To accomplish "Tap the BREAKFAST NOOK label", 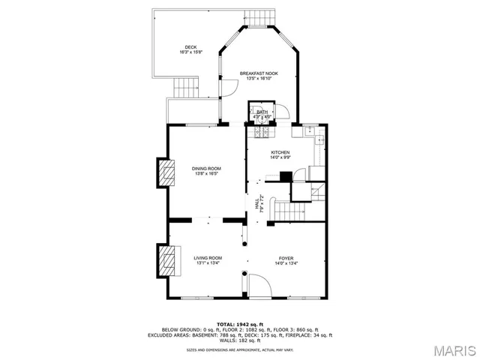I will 259,73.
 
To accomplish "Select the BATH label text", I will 262,112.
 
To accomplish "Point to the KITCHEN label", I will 280,152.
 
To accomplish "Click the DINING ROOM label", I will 206,168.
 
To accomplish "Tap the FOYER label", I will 286,257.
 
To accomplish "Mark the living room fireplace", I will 166,261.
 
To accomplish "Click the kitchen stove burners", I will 263,133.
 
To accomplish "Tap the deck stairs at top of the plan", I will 262,17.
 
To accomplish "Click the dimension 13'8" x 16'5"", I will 206,173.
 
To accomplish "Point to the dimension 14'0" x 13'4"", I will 286,262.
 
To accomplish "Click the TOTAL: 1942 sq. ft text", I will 239,324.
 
